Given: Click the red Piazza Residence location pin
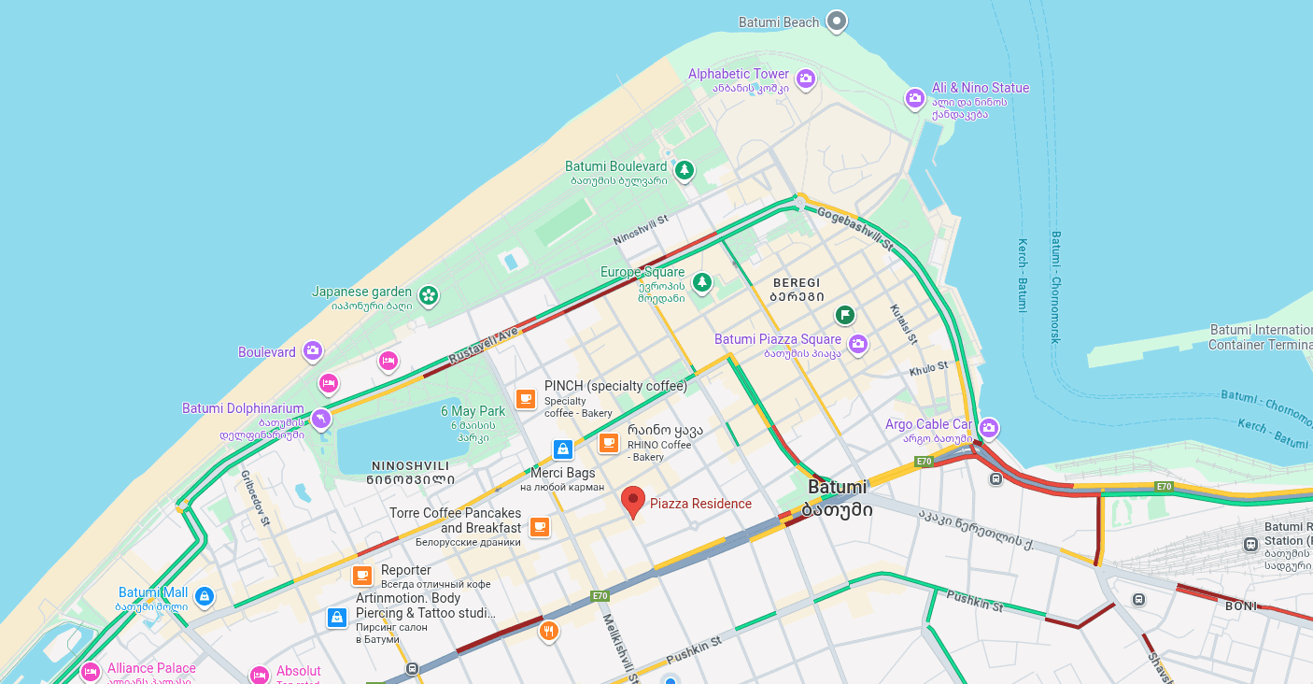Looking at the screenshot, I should coord(633,501).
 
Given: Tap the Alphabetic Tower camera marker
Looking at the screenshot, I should coord(806,78).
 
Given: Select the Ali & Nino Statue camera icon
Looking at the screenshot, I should coord(915,97).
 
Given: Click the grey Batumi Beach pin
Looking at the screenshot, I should coord(837,21).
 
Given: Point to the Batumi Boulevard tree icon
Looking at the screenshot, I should coord(685,170).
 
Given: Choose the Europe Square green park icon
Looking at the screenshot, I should coord(701,281).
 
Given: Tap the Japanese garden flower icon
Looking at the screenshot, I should coord(428,295).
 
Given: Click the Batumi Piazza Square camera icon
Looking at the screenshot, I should coord(857,344).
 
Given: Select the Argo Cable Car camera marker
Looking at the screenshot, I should coord(988,428).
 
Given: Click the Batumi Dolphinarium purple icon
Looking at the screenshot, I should coord(321,418).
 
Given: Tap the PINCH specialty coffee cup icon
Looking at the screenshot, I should coord(526,399).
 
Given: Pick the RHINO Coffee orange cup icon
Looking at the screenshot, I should coord(609,442).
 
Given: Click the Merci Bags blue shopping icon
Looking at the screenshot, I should coord(562,449).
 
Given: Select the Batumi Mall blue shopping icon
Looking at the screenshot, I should coord(205,595).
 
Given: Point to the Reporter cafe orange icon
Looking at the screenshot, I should coord(362,576).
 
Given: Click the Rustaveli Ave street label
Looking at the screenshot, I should coord(483,345).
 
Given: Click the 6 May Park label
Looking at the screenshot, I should coord(473,411).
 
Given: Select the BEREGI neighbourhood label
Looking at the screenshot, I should coord(797,282).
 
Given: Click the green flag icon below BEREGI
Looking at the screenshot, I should coord(844,314).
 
